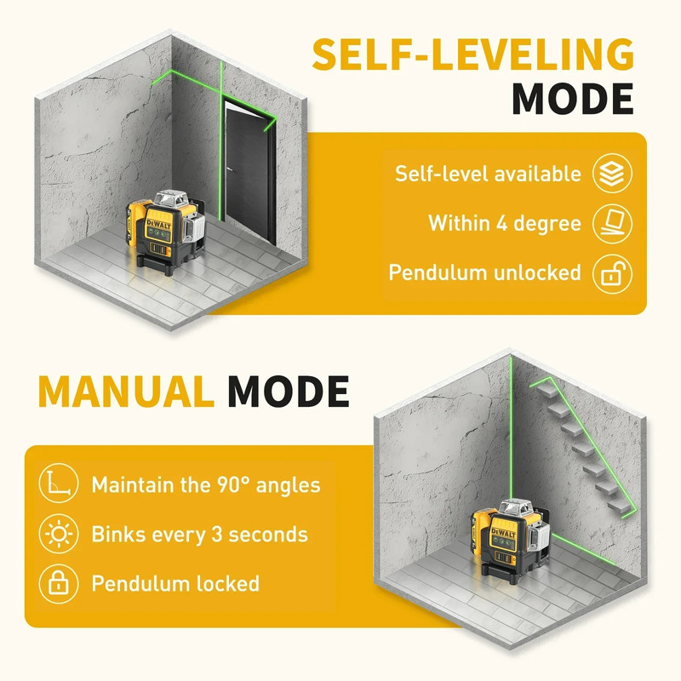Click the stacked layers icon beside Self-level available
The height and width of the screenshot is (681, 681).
click(614, 173)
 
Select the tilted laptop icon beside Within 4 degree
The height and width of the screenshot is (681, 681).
click(614, 223)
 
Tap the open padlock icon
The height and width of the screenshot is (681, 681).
click(614, 273)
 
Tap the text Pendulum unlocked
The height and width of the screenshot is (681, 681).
click(485, 273)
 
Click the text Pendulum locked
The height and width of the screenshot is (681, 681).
click(175, 584)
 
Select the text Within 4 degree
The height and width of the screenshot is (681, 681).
click(505, 224)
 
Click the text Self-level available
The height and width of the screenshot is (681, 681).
click(488, 174)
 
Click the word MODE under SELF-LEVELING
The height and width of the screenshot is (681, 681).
click(572, 100)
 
